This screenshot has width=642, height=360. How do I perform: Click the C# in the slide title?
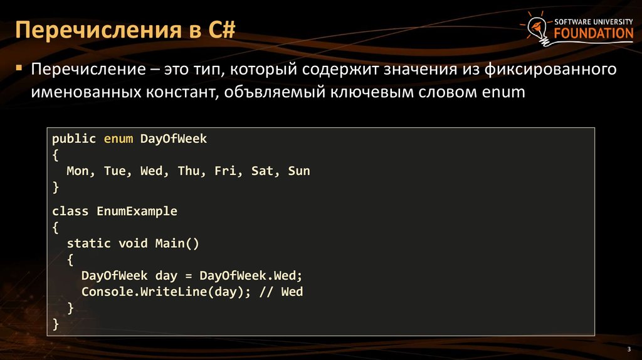point(222,30)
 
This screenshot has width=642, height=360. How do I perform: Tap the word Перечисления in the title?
point(98,31)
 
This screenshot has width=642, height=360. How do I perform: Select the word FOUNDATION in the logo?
point(594,33)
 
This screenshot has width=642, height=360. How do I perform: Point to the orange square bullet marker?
point(19,67)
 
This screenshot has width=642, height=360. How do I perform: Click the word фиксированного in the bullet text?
point(550,69)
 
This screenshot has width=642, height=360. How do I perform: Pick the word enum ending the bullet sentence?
point(503,92)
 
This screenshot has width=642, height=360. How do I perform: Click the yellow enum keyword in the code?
point(118,139)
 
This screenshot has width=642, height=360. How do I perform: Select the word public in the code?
point(74,139)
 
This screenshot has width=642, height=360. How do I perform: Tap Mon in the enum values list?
point(77,171)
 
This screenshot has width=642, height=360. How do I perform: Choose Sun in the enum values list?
point(299,171)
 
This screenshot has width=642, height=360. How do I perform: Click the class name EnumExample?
point(137,211)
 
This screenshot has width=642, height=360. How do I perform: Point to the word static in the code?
point(89,243)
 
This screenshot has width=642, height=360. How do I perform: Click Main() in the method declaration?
point(177,244)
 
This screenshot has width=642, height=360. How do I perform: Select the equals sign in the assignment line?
point(188,276)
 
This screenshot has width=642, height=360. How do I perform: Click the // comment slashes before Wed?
point(266,292)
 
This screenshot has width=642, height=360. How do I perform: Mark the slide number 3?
point(629,349)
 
